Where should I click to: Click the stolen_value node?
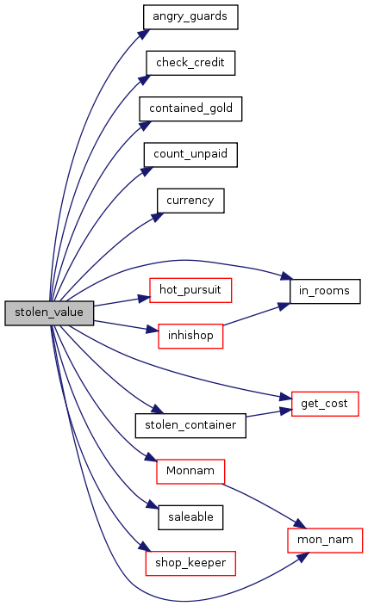click(49, 313)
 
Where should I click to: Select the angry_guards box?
click(190, 17)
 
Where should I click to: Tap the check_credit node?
click(190, 63)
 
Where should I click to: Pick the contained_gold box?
click(190, 109)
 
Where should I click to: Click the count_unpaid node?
click(190, 155)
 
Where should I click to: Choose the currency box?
click(190, 201)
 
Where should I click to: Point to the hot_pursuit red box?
click(190, 290)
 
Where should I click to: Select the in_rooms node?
click(325, 292)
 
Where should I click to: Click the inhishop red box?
click(190, 337)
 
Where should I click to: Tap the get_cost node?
click(325, 405)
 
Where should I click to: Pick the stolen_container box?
click(190, 426)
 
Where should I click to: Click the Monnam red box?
click(190, 472)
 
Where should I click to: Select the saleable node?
click(190, 517)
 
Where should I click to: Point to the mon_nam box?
click(325, 541)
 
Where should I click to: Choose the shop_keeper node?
click(190, 564)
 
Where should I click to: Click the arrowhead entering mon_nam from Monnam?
click(300, 524)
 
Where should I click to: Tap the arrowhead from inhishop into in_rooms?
click(284, 306)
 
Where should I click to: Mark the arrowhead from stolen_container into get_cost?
click(285, 411)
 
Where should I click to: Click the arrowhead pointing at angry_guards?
click(145, 34)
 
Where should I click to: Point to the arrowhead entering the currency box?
click(158, 217)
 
